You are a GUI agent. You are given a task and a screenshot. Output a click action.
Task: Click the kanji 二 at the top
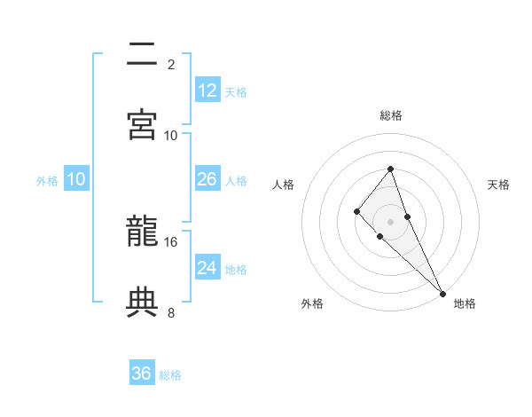pyautogui.click(x=143, y=54)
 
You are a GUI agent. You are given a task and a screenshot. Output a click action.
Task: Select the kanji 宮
pyautogui.click(x=143, y=123)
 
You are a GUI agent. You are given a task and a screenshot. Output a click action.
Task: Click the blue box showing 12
pyautogui.click(x=207, y=90)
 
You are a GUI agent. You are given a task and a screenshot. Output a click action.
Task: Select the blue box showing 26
pyautogui.click(x=207, y=179)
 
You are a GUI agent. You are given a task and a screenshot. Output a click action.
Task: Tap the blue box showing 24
pyautogui.click(x=207, y=268)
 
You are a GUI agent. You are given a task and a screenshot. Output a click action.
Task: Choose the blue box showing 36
pyautogui.click(x=142, y=374)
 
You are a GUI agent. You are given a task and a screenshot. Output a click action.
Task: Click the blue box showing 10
pyautogui.click(x=76, y=179)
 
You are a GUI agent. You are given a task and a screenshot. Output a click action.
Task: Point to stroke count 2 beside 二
pyautogui.click(x=171, y=64)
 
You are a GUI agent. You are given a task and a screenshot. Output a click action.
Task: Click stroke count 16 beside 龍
pyautogui.click(x=171, y=241)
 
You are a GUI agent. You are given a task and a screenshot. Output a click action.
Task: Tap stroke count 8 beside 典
pyautogui.click(x=171, y=312)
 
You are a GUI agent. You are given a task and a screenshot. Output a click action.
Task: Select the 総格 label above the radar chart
pyautogui.click(x=390, y=115)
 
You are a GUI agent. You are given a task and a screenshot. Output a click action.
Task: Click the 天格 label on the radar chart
pyautogui.click(x=498, y=185)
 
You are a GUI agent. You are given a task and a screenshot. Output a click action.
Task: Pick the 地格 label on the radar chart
pyautogui.click(x=465, y=303)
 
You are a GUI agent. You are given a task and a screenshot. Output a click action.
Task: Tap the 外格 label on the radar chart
pyautogui.click(x=312, y=303)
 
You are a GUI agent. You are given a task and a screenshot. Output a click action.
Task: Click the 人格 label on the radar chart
pyautogui.click(x=283, y=185)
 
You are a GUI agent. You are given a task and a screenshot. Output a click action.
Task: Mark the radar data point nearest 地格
pyautogui.click(x=442, y=293)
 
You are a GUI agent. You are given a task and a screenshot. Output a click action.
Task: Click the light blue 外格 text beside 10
pyautogui.click(x=47, y=180)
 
